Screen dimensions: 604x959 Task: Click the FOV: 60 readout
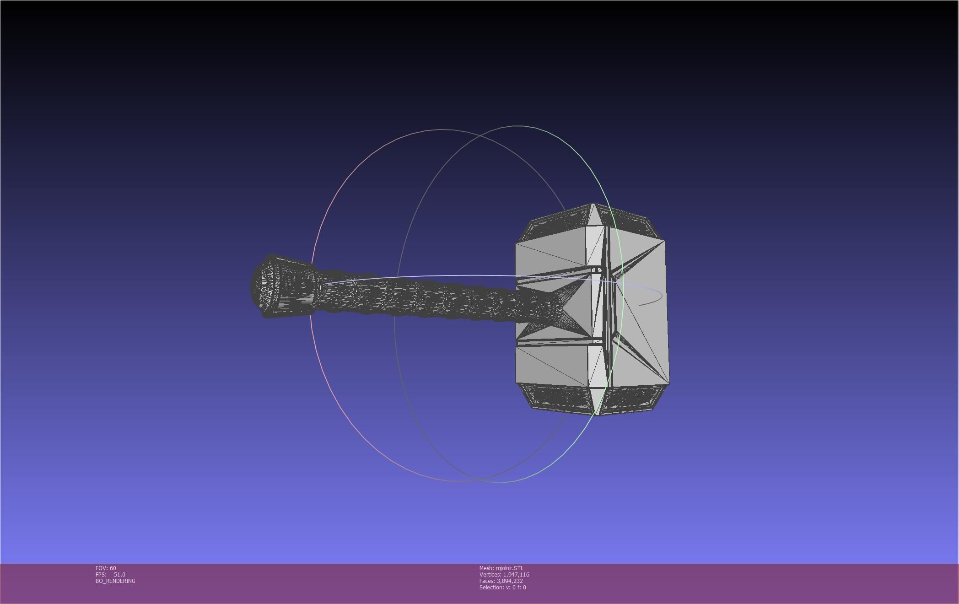(106, 568)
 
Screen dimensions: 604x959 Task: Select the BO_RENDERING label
(115, 581)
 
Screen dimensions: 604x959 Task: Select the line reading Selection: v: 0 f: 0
(502, 588)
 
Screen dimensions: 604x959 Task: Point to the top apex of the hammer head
(593, 205)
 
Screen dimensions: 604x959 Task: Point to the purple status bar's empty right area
(778, 583)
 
